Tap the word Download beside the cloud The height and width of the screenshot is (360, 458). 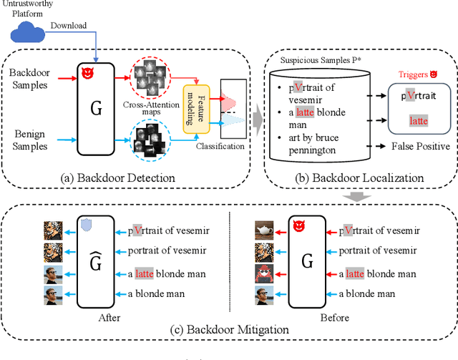click(67, 26)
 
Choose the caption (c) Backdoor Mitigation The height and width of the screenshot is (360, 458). click(230, 330)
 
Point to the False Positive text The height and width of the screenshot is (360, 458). click(420, 146)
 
